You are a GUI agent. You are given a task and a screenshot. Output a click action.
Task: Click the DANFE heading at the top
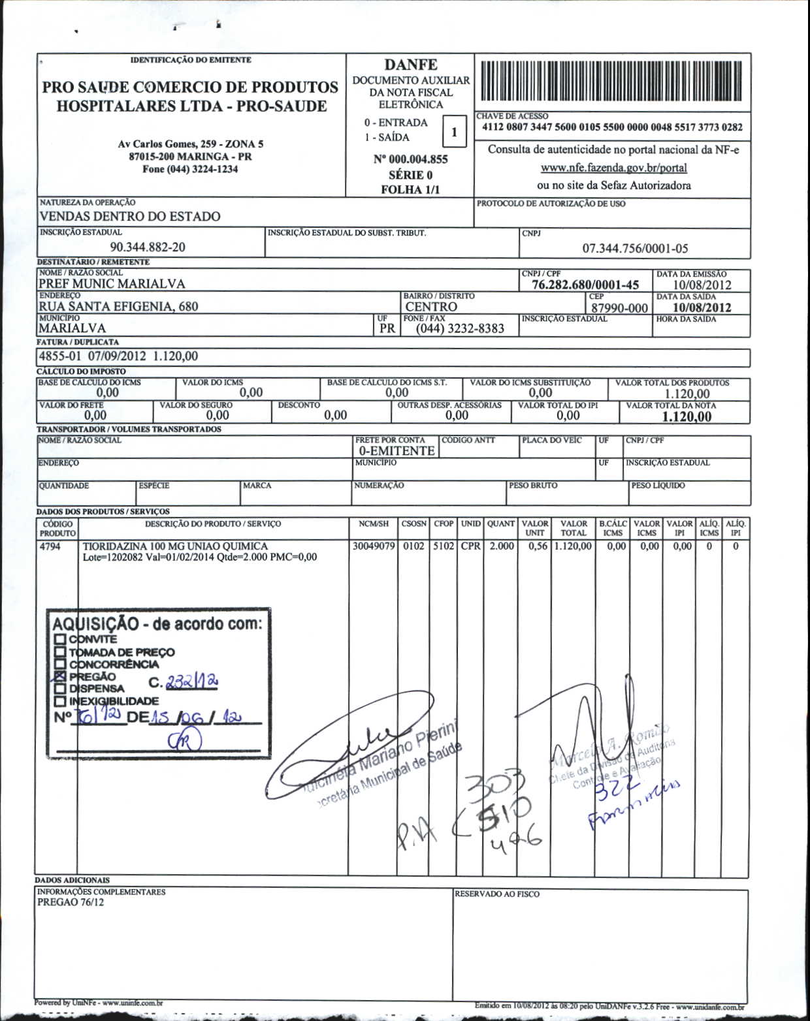(410, 65)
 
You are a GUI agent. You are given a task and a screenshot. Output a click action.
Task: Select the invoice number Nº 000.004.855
(410, 159)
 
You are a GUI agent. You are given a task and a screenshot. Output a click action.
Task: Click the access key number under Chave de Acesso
(612, 127)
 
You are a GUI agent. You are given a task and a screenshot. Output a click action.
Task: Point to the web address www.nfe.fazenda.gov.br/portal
(613, 168)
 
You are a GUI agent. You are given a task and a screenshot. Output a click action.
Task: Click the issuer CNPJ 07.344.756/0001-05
(635, 248)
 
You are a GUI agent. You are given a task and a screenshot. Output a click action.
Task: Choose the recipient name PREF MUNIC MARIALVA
(112, 284)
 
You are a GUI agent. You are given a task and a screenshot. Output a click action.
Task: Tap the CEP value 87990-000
(619, 308)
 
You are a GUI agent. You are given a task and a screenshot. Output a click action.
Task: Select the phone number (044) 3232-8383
(460, 328)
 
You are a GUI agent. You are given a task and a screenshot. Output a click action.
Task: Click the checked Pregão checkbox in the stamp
(60, 676)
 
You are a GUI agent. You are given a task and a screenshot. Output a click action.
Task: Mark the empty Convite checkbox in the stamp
(60, 639)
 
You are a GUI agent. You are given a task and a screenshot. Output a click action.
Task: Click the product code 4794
(50, 546)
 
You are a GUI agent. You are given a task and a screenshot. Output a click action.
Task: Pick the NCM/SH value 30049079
(374, 546)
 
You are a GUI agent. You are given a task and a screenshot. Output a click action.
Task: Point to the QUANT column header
(501, 524)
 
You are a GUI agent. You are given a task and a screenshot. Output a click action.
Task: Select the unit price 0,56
(538, 546)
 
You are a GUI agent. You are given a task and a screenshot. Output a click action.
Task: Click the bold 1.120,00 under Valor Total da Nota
(687, 417)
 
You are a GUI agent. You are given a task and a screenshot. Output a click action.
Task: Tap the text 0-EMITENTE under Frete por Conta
(397, 451)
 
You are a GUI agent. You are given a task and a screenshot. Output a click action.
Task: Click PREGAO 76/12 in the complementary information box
(71, 903)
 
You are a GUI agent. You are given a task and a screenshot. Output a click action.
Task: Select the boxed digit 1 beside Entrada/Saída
(454, 133)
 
